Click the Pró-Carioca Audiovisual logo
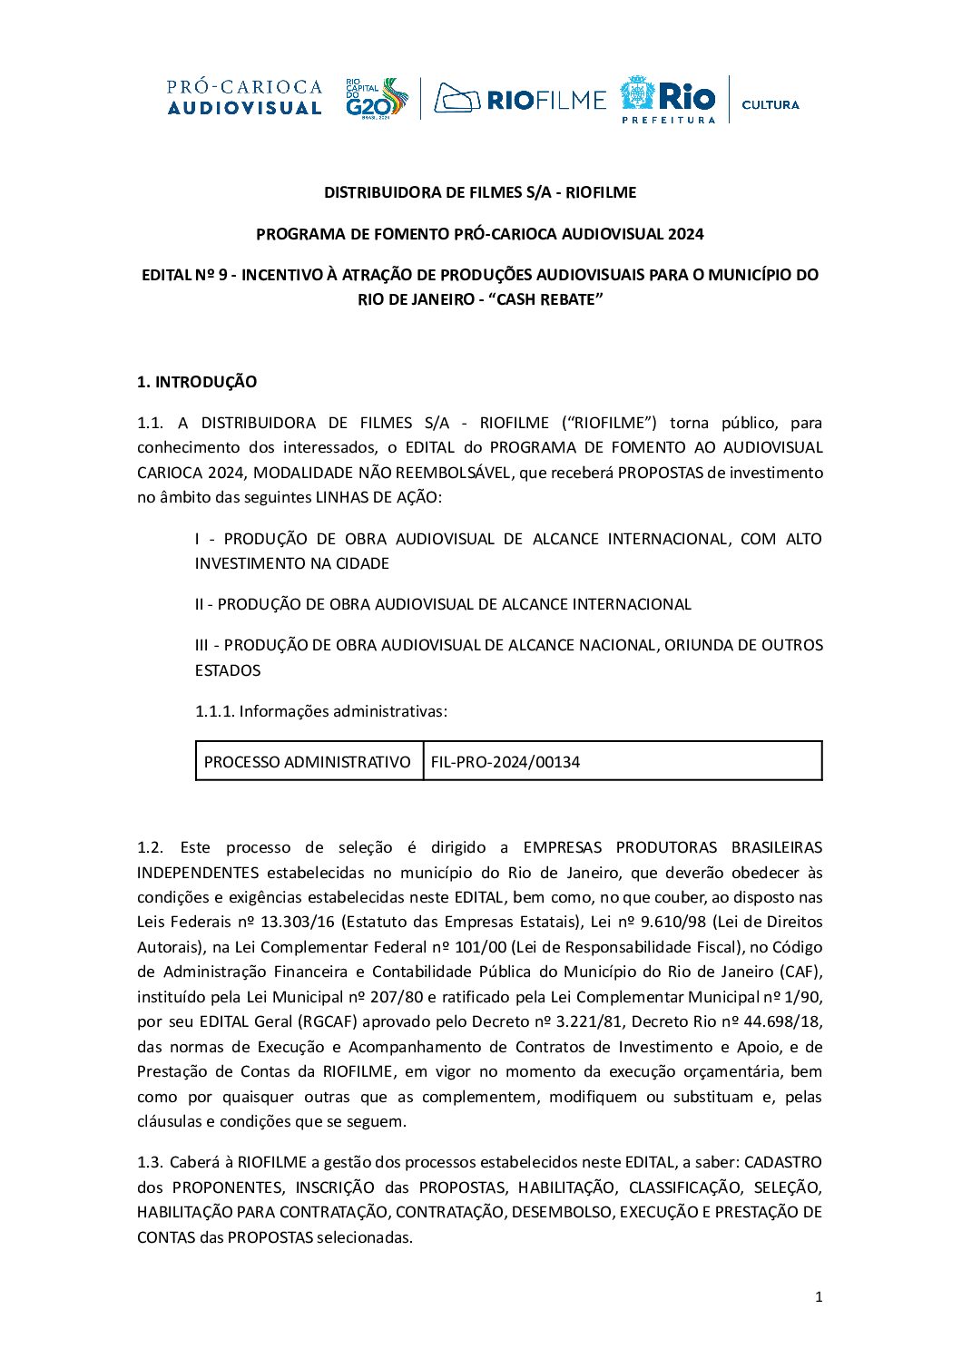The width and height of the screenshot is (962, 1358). click(x=244, y=97)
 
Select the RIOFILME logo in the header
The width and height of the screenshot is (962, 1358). click(x=519, y=98)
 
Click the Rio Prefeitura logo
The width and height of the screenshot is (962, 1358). click(x=668, y=99)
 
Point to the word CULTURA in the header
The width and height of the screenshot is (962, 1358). click(x=770, y=104)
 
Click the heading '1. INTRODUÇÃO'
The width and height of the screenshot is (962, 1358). click(x=197, y=382)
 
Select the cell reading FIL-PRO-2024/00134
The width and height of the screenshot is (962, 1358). click(x=506, y=762)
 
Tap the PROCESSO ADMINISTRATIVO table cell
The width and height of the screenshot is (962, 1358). click(x=308, y=762)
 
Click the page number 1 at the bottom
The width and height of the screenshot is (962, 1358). click(x=819, y=1297)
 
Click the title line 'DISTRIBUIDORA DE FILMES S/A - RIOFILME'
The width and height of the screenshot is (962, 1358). click(x=480, y=192)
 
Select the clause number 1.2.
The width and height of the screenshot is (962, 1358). click(x=150, y=847)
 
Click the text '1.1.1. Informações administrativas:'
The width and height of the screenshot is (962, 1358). click(x=321, y=711)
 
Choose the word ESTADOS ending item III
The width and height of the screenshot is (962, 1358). click(x=228, y=670)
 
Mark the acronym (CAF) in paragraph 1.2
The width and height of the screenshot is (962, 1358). click(x=800, y=972)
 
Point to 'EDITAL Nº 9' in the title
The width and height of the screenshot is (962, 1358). click(x=184, y=275)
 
